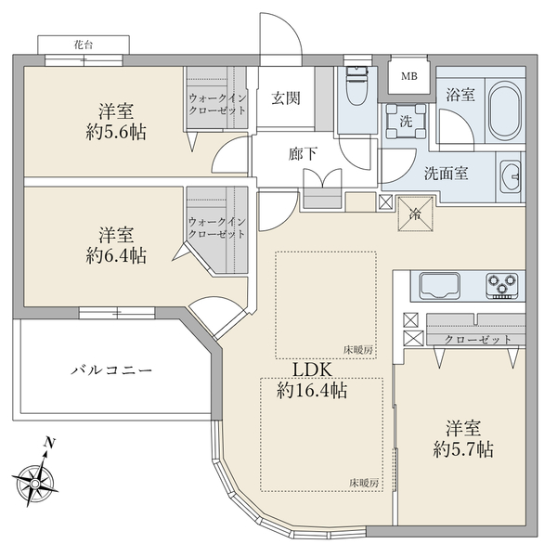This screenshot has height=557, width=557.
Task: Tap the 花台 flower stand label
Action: point(84,45)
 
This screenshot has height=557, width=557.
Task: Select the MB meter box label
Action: point(409,76)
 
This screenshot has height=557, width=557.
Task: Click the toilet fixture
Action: point(358,85)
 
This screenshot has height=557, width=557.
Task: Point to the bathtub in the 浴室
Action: point(505,110)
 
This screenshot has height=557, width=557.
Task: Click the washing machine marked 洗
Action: point(406,121)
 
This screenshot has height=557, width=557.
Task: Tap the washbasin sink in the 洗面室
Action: point(511,176)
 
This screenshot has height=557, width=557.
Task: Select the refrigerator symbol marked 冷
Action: point(415,214)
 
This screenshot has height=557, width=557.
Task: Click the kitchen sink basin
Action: point(439,286)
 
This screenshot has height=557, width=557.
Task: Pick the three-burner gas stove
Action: point(502,286)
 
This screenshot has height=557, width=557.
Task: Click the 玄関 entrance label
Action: point(286,98)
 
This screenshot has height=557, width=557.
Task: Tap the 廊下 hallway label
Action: point(303,154)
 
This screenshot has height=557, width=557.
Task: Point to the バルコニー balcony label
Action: point(111,370)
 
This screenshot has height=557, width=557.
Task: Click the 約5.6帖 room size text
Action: point(116,133)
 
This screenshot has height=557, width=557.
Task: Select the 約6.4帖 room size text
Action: point(116,255)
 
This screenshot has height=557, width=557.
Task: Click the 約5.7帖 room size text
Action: point(463,449)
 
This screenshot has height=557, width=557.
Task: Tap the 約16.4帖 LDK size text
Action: point(312,391)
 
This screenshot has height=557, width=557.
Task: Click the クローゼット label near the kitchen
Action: point(478,340)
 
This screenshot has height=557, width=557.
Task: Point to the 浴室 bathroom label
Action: point(460,95)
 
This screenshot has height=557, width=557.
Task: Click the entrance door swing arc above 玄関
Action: point(290,27)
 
